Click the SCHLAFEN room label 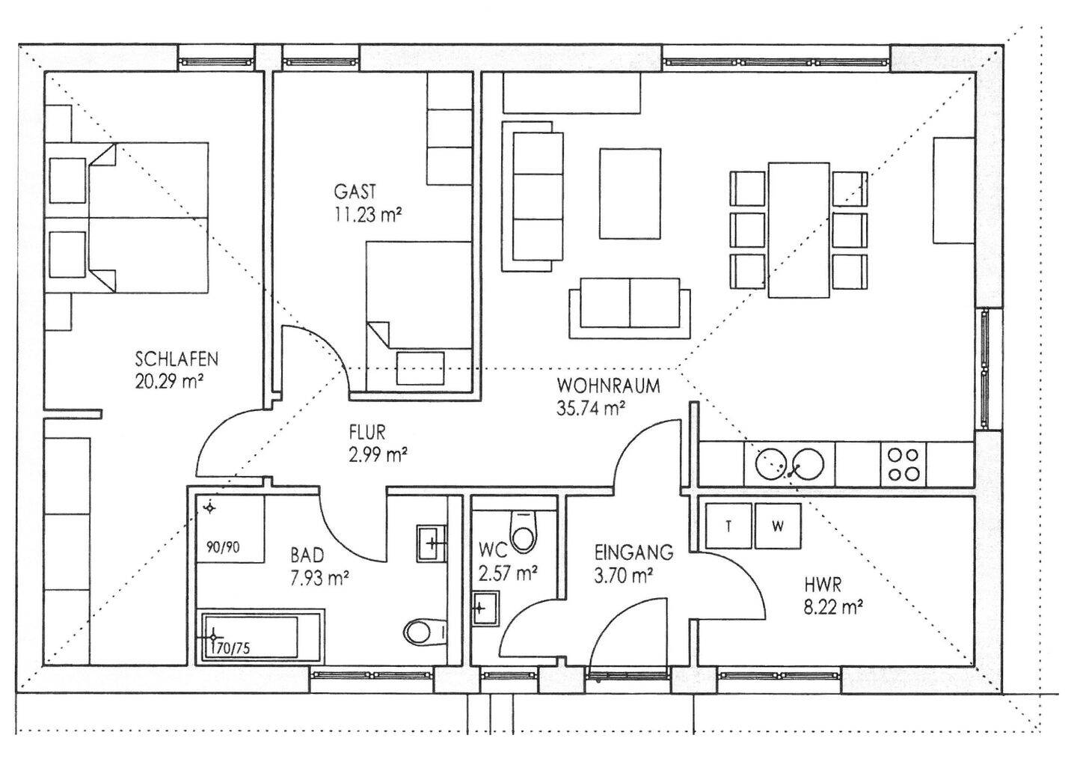click(177, 359)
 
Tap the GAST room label click(355, 192)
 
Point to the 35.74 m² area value click(591, 409)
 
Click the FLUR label click(367, 433)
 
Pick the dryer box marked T click(728, 525)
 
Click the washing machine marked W click(778, 525)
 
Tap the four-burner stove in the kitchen click(903, 464)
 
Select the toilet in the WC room click(523, 531)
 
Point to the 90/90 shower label click(223, 547)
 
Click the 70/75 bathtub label click(233, 648)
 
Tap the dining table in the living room click(799, 230)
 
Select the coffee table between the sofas click(630, 193)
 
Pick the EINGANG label click(633, 552)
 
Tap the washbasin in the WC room click(485, 609)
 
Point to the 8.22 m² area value click(832, 608)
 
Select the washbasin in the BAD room click(432, 543)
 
